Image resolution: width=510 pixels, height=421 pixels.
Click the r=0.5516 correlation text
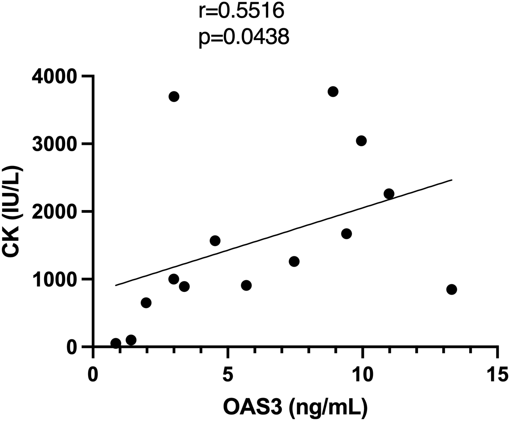(241, 10)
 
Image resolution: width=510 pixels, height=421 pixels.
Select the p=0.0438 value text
(243, 38)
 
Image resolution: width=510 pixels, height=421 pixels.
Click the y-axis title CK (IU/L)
(16, 211)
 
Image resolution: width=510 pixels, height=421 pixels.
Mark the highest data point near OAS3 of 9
(333, 91)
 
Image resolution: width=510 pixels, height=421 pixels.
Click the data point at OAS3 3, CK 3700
(174, 97)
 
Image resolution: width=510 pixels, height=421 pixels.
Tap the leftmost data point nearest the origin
(115, 343)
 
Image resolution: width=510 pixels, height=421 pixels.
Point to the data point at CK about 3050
(361, 141)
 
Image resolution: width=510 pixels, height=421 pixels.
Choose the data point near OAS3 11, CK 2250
(389, 194)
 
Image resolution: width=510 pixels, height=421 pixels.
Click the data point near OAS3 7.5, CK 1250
(294, 261)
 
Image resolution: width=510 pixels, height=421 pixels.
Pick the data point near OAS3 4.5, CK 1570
(215, 241)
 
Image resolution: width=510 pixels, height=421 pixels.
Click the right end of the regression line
(451, 180)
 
